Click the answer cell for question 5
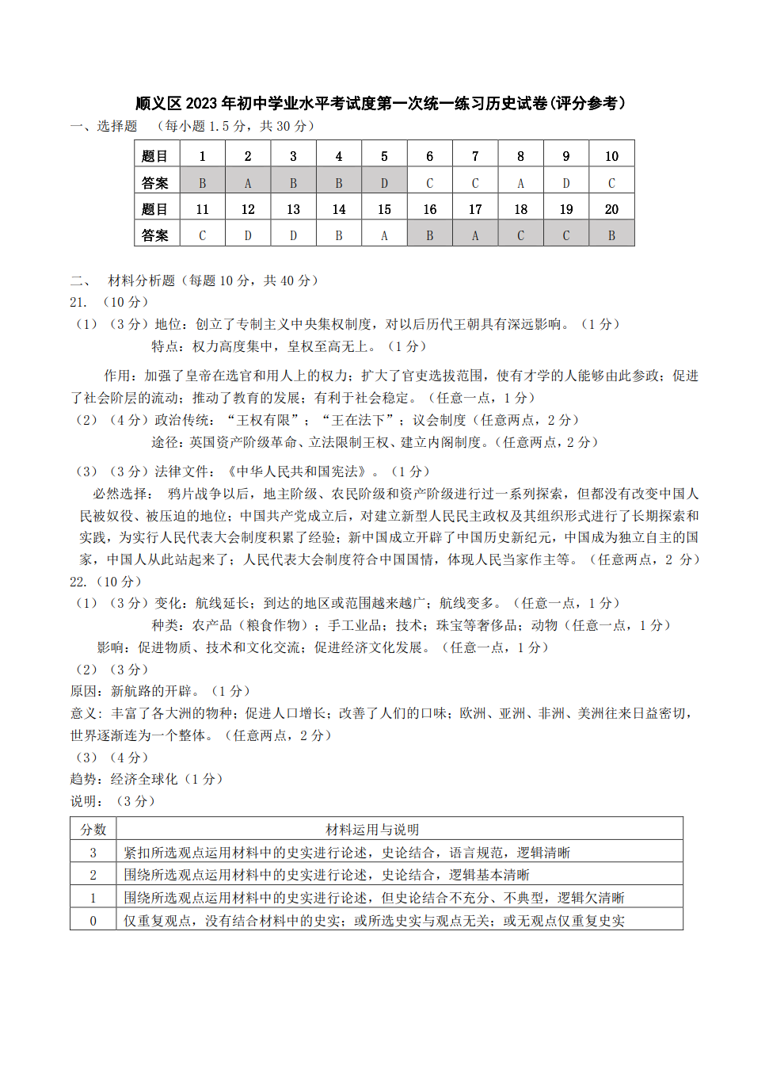(384, 183)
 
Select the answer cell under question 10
(611, 183)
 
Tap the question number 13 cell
(293, 209)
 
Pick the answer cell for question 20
(611, 235)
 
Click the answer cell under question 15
(384, 235)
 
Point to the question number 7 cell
(475, 156)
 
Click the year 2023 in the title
(201, 103)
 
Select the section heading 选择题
(117, 126)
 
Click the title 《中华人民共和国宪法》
(297, 471)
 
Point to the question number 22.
(78, 582)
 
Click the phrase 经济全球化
(144, 779)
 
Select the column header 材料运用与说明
(372, 830)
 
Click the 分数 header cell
(93, 830)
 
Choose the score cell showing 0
(93, 921)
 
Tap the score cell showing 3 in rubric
(93, 853)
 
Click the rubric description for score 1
(374, 898)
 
